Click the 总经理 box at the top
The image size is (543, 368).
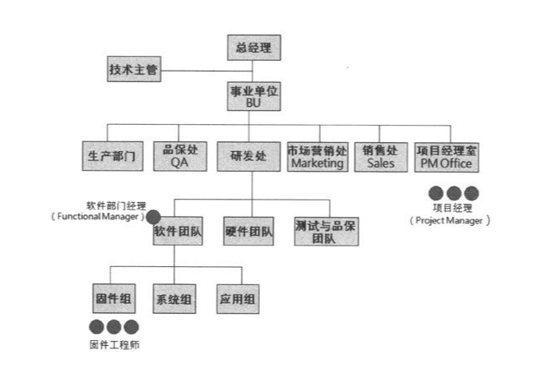click(253, 48)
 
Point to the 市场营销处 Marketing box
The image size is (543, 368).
click(317, 156)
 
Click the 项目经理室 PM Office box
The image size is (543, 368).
click(448, 156)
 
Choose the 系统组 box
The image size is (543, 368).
click(174, 299)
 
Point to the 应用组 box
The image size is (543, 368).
click(236, 299)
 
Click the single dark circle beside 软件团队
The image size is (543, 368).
click(153, 218)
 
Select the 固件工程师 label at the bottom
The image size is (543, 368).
click(114, 343)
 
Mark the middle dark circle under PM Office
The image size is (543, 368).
click(453, 194)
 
